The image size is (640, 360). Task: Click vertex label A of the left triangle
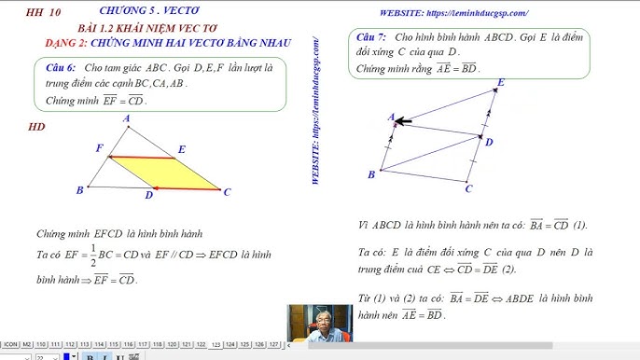pyautogui.click(x=126, y=118)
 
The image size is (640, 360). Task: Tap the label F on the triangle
pyautogui.click(x=99, y=148)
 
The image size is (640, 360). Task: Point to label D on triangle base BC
pyautogui.click(x=148, y=196)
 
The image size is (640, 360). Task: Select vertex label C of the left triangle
pyautogui.click(x=227, y=192)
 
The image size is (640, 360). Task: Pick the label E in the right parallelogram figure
pyautogui.click(x=500, y=83)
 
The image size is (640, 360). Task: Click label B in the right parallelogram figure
pyautogui.click(x=371, y=174)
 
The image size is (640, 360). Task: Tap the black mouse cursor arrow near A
pyautogui.click(x=403, y=120)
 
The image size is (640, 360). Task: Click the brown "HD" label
pyautogui.click(x=37, y=127)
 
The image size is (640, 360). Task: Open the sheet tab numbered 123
pyautogui.click(x=216, y=344)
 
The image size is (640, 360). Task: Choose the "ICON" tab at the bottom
pyautogui.click(x=11, y=344)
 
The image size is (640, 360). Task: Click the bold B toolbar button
pyautogui.click(x=89, y=356)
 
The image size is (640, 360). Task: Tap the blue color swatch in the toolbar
pyautogui.click(x=71, y=356)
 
